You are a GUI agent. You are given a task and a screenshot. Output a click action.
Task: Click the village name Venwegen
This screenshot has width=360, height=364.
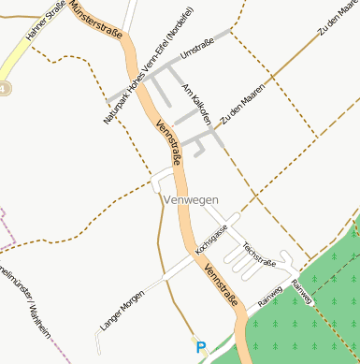[x=190, y=200]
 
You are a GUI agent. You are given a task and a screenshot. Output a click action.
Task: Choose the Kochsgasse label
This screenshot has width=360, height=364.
[x=211, y=241]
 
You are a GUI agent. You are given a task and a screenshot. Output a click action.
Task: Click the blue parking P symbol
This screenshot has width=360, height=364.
[x=200, y=346]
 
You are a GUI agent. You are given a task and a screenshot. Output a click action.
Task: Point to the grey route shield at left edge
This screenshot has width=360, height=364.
[x=4, y=88]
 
